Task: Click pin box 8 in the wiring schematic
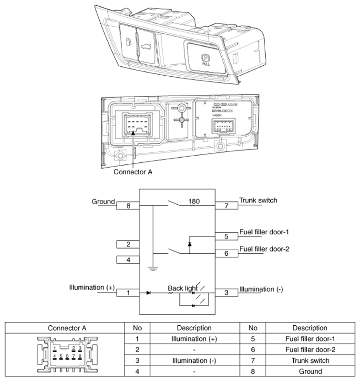pos(128,206)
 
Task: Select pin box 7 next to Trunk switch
pos(226,206)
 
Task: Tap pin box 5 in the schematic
pos(226,236)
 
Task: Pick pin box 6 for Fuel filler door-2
pos(226,253)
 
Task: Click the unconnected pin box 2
pos(128,244)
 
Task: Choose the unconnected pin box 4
pos(128,260)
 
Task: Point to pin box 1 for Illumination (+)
pos(128,292)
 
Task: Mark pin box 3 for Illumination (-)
pos(226,292)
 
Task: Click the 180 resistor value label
pos(194,201)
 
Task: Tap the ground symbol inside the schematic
pos(153,269)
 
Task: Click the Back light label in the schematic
pos(182,288)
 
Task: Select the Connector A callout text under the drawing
pos(133,172)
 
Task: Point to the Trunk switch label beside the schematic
pos(258,201)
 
